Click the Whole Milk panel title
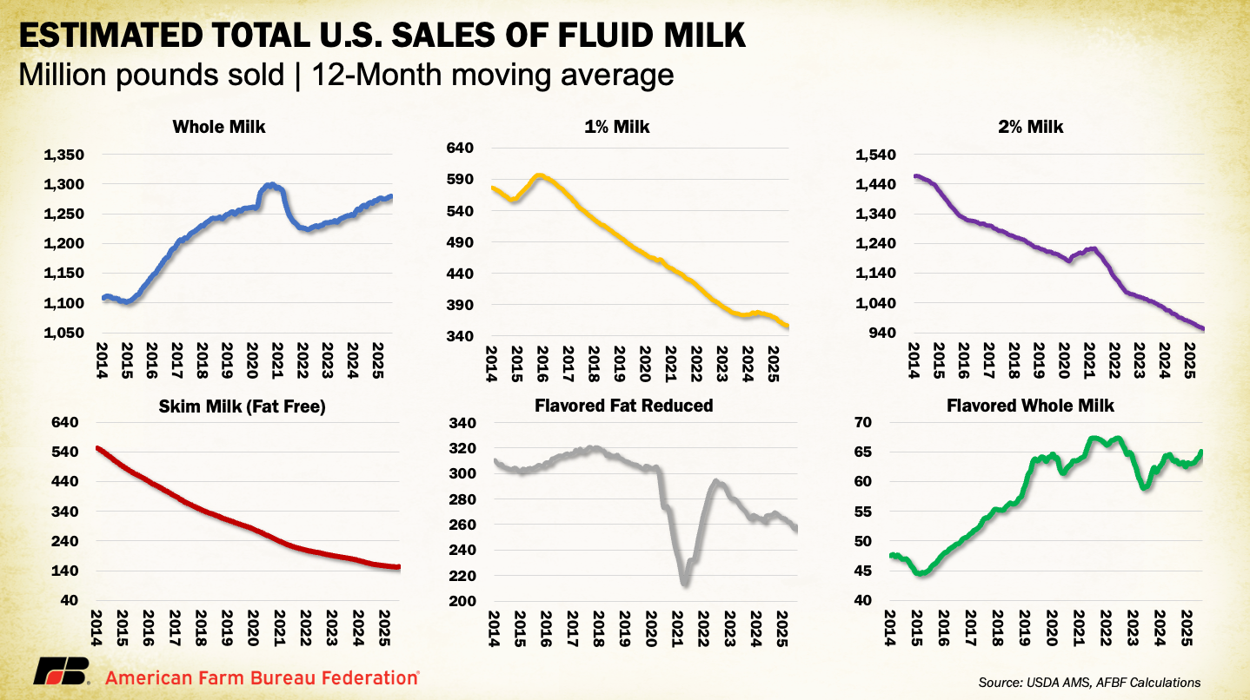tap(219, 128)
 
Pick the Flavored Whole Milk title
tap(1031, 406)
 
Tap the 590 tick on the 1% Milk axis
tap(461, 180)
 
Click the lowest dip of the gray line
tap(685, 582)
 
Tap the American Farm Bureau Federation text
tap(260, 676)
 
